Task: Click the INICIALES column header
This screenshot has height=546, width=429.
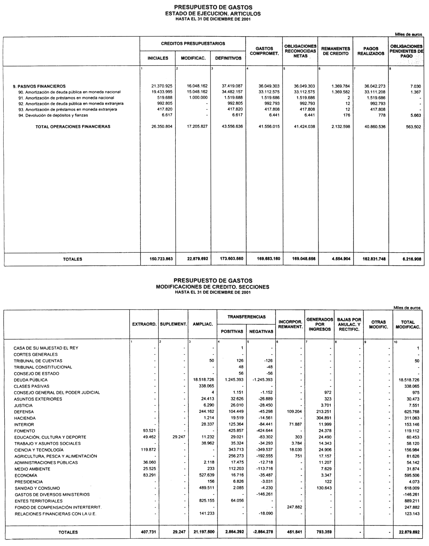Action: click(158, 58)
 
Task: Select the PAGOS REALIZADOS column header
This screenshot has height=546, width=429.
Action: click(371, 51)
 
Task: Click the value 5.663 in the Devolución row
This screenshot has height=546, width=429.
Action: click(415, 115)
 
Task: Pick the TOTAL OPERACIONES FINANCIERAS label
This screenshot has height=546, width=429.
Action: click(73, 127)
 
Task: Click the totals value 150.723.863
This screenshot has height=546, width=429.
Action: click(161, 259)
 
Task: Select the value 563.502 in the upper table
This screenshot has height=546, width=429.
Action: click(413, 127)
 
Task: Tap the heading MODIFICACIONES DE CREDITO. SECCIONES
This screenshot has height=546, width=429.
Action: click(213, 287)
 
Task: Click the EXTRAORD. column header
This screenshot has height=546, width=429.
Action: click(144, 324)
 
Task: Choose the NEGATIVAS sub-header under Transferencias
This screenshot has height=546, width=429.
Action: click(261, 332)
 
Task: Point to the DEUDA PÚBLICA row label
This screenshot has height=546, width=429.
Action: click(31, 380)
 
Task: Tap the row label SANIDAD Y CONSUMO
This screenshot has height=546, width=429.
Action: click(37, 488)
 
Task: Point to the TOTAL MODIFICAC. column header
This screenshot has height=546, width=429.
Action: click(408, 324)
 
